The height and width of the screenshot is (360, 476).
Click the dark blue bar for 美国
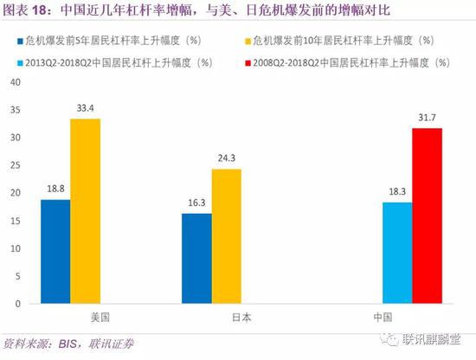click(55, 252)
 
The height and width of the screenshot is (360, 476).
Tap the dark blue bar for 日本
click(197, 259)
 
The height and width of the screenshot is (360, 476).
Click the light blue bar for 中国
click(398, 253)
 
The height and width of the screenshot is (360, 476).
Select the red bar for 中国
click(428, 216)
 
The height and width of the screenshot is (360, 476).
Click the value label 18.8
click(55, 190)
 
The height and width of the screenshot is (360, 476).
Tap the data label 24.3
click(227, 159)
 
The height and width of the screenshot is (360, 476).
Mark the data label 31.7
click(428, 119)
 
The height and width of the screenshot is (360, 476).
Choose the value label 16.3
click(197, 204)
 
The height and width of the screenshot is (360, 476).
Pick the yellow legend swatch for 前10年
click(249, 40)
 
